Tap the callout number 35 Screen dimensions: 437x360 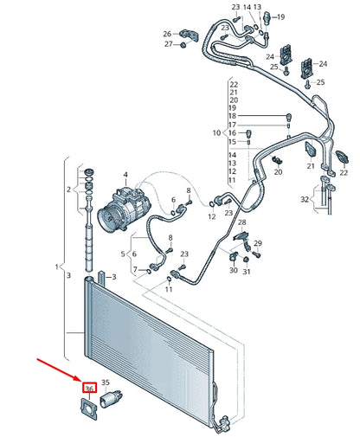(106, 382)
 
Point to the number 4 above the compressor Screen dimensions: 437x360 (125, 176)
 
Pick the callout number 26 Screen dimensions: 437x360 (168, 35)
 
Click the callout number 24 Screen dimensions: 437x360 (323, 63)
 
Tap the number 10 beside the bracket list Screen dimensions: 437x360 (216, 133)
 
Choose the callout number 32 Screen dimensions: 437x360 (304, 199)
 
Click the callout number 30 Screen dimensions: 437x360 (234, 271)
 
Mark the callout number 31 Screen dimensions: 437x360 (247, 273)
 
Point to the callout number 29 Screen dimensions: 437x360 (257, 244)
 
